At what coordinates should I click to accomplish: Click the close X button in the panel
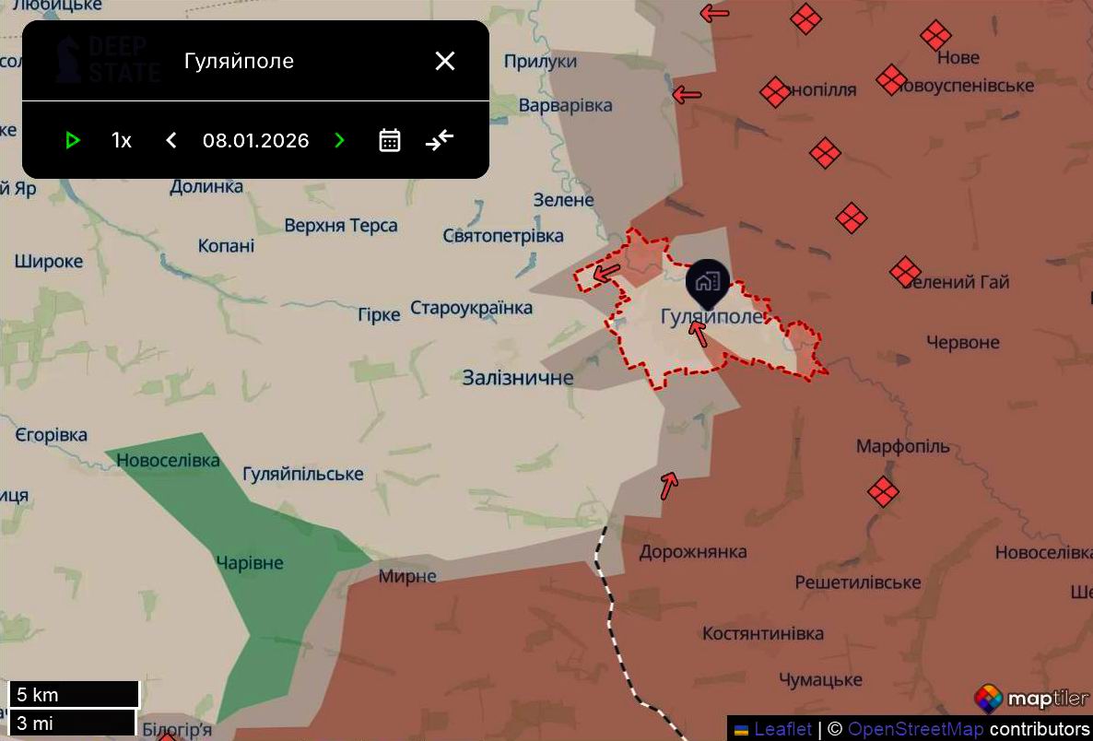[445, 61]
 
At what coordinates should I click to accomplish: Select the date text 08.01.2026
[256, 141]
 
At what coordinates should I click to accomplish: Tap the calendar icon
[390, 140]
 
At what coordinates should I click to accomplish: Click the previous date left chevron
[170, 140]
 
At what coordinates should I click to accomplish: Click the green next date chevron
[339, 140]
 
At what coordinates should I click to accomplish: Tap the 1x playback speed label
[122, 141]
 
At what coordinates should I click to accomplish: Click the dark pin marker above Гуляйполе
[708, 281]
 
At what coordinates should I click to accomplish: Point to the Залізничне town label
[518, 378]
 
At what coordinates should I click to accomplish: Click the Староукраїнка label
[471, 308]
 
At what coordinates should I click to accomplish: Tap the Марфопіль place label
[902, 447]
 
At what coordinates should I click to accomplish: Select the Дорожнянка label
[693, 552]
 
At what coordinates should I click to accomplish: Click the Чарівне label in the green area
[249, 563]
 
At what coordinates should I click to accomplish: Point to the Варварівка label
[565, 105]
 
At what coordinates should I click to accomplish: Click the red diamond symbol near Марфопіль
[883, 491]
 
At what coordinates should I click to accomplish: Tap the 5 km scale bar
[74, 694]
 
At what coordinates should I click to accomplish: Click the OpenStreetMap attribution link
[915, 729]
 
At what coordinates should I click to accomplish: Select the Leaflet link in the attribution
[783, 729]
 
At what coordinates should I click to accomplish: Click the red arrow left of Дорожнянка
[669, 483]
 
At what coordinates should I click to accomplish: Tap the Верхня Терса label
[341, 226]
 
